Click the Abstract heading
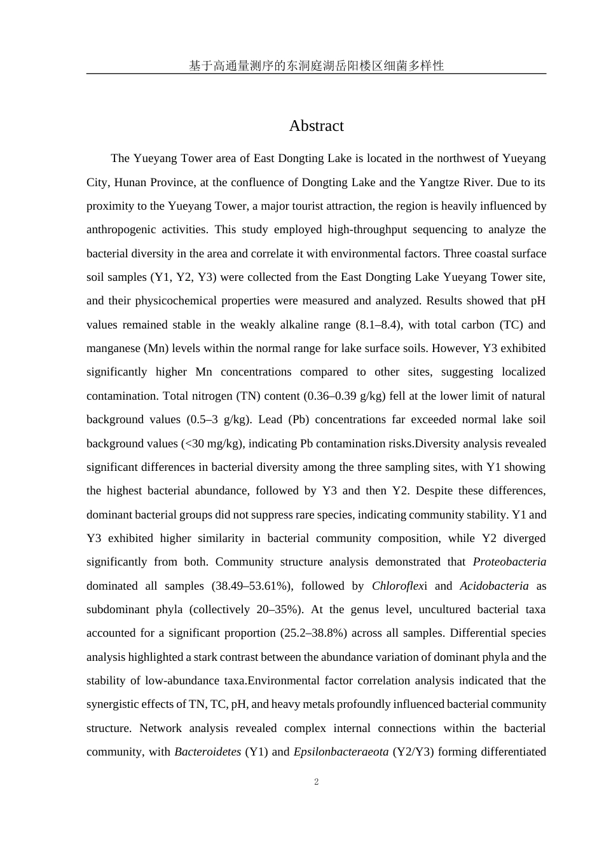tap(316, 126)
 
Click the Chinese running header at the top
tap(316, 65)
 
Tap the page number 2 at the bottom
tap(316, 782)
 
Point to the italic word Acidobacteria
tap(494, 586)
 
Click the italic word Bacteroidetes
tap(207, 752)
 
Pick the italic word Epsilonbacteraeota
tap(341, 752)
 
